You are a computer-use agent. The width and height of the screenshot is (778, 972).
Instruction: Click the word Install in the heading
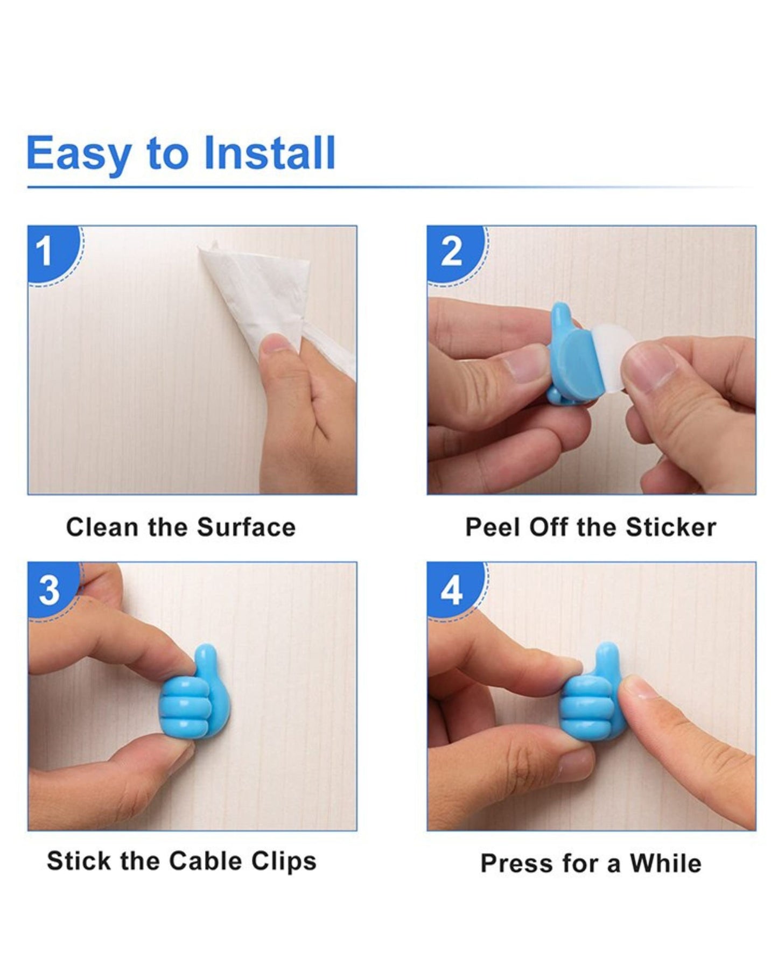tap(270, 153)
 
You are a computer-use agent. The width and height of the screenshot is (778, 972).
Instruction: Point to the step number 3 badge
tap(52, 591)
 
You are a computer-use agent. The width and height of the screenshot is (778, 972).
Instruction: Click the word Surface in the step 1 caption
tap(246, 527)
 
